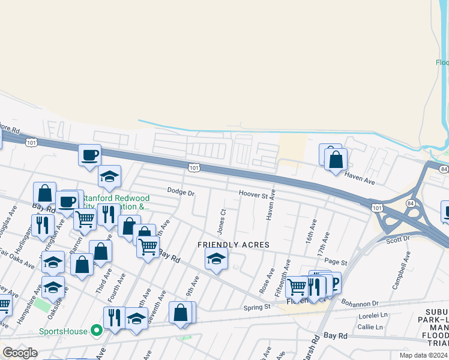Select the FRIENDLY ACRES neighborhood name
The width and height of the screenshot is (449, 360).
click(234, 245)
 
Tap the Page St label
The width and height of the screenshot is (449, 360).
click(336, 262)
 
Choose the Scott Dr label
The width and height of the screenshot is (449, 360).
click(397, 238)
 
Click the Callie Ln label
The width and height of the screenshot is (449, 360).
click(370, 327)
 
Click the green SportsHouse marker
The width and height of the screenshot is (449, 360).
click(95, 331)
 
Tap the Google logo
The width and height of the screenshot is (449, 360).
click(20, 353)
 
